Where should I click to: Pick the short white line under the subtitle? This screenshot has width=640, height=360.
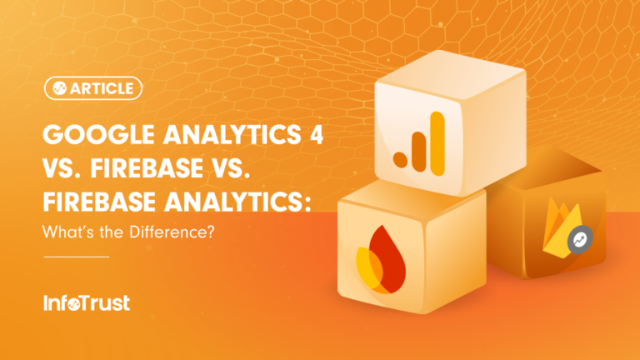tap(75, 257)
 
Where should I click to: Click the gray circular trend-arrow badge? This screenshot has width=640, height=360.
tap(578, 241)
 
